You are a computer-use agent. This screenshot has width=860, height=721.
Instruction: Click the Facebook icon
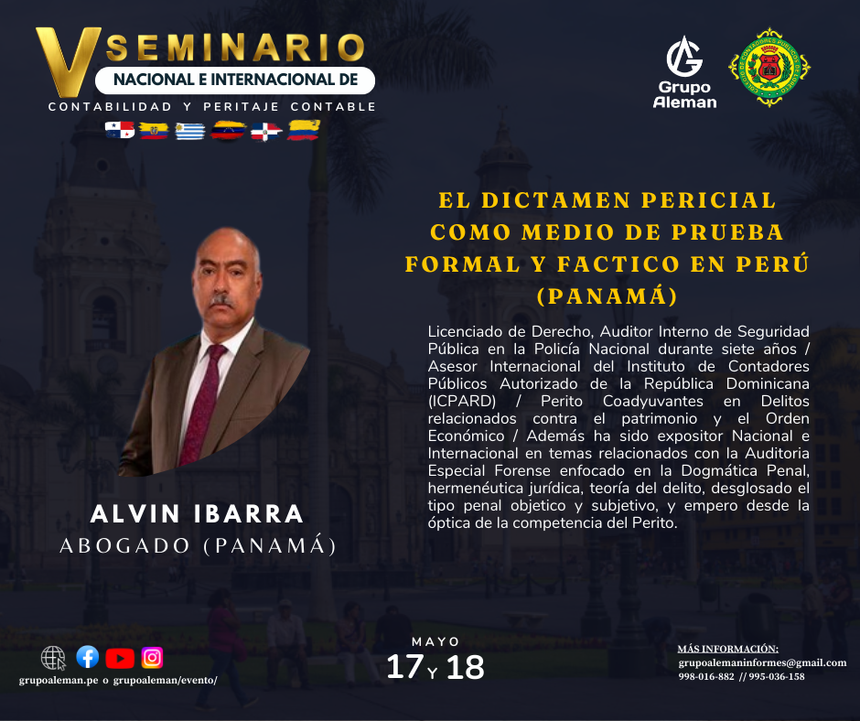pos(88,657)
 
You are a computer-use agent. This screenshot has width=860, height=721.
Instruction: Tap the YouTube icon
pos(120,659)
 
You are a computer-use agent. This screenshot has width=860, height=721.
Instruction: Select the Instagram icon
pos(152,658)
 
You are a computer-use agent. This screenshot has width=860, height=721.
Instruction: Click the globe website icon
pos(53,658)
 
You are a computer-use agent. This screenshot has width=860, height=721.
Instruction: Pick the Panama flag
pos(120,130)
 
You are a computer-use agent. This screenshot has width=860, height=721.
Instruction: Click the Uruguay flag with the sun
pos(190,131)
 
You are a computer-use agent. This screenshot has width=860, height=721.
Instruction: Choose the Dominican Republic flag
pos(266,132)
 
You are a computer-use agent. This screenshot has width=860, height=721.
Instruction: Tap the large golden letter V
pos(67,61)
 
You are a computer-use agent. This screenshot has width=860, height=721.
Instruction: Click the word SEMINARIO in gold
pos(235,48)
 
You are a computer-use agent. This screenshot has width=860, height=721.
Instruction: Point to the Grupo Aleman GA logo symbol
pos(684,57)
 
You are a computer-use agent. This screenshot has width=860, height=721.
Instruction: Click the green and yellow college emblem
pos(769,67)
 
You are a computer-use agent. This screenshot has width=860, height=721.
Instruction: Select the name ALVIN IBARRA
pos(197,514)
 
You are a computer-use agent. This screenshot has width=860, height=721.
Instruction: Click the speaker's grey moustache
pos(221,301)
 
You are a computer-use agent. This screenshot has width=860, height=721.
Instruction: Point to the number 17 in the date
pos(404,667)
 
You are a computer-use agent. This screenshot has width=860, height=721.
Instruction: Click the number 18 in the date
pos(465,667)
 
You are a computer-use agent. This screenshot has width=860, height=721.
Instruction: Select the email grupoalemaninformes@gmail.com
pos(762,662)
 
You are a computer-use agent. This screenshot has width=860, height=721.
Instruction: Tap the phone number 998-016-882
pos(706,676)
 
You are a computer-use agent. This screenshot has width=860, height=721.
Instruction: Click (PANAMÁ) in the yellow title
pos(607,296)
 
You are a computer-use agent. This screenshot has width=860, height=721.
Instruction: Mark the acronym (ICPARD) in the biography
pos(462,401)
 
